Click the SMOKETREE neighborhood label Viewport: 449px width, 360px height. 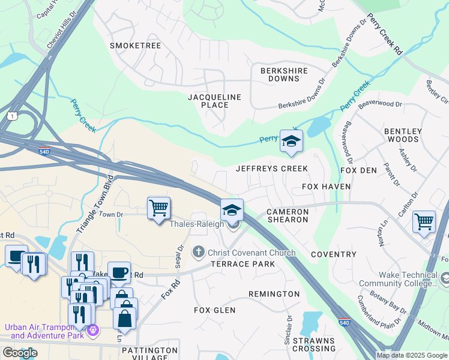click(136, 46)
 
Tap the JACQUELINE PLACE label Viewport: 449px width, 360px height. click(214, 101)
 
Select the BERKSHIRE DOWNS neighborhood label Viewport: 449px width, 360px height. click(284, 74)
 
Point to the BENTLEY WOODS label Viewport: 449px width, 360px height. click(403, 135)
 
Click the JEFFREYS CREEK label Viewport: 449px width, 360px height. click(272, 169)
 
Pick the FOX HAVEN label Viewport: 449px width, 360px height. click(326, 187)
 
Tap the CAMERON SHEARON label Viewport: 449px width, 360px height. click(288, 216)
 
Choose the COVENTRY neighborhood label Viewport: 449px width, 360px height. click(334, 254)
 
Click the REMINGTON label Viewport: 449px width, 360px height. click(274, 294)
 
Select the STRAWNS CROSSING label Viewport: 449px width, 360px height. click(314, 344)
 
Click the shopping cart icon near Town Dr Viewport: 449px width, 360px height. click(158, 209)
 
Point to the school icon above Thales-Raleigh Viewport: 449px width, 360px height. click(232, 211)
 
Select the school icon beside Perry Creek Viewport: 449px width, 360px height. click(291, 142)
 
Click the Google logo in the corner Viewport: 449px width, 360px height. click(20, 353)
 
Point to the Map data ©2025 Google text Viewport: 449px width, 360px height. click(411, 355)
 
